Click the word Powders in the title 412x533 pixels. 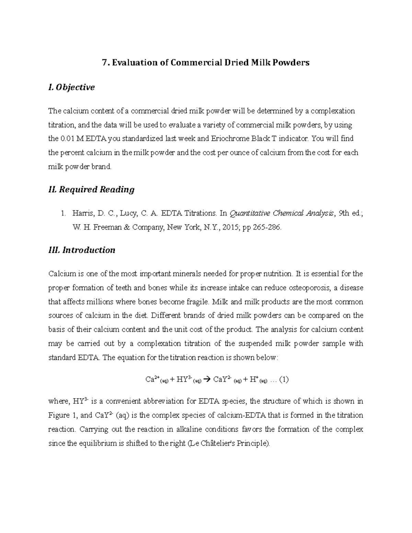[291, 62]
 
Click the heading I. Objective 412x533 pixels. [71, 88]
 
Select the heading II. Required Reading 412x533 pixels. [91, 189]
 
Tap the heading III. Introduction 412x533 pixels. [82, 250]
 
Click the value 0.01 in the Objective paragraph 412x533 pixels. [67, 139]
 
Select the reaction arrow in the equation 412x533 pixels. [206, 380]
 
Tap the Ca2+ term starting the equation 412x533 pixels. [151, 380]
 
